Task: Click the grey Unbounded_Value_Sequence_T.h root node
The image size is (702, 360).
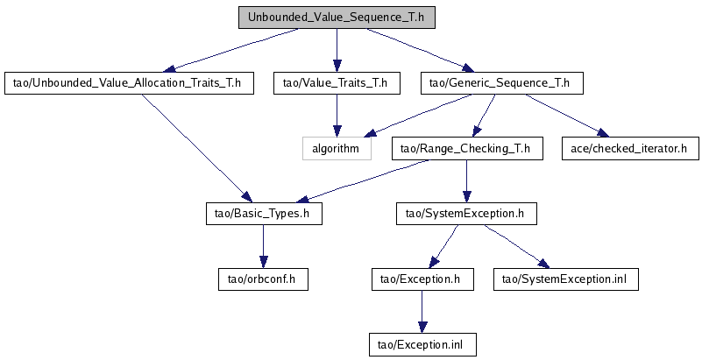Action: pyautogui.click(x=337, y=18)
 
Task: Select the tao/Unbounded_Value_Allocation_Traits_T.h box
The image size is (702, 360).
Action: pyautogui.click(x=129, y=83)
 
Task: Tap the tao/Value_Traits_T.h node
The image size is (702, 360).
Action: pyautogui.click(x=337, y=83)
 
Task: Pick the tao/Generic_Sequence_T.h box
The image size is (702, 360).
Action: pyautogui.click(x=502, y=83)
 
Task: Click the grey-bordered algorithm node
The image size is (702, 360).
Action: pyautogui.click(x=337, y=149)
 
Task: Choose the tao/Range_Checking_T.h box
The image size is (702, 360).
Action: pyautogui.click(x=467, y=149)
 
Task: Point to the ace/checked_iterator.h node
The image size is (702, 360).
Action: pyautogui.click(x=630, y=149)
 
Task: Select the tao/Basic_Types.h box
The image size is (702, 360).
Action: pyautogui.click(x=264, y=214)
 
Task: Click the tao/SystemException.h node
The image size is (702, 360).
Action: pyautogui.click(x=466, y=214)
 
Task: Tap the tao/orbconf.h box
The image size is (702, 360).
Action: pyautogui.click(x=263, y=279)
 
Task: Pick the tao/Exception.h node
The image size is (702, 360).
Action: pyautogui.click(x=422, y=279)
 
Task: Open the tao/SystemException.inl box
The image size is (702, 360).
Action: pyautogui.click(x=566, y=279)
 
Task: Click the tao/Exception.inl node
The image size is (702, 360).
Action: pyautogui.click(x=422, y=345)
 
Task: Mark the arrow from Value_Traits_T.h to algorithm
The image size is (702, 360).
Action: pyautogui.click(x=337, y=116)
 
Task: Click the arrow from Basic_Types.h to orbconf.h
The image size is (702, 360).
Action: pyautogui.click(x=263, y=247)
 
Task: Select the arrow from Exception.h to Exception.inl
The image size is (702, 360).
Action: pyautogui.click(x=422, y=312)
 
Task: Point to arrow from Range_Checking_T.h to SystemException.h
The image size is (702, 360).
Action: pyautogui.click(x=467, y=181)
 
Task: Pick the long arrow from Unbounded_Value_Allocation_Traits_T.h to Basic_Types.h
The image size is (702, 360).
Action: pyautogui.click(x=196, y=148)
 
